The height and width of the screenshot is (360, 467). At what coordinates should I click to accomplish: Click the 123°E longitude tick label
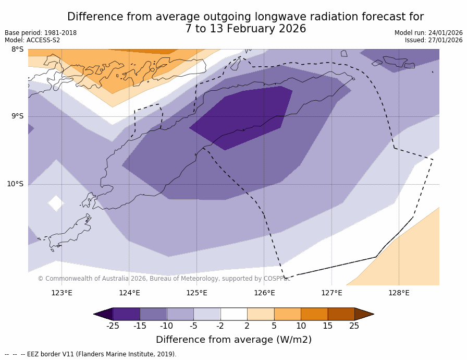click(x=62, y=293)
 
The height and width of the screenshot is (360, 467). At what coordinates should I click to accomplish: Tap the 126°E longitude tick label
click(x=264, y=293)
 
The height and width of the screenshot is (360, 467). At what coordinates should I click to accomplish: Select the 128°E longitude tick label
click(x=399, y=293)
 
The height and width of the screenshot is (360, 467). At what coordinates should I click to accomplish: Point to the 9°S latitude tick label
click(x=17, y=116)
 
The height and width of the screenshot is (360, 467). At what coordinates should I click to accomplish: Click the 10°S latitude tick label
click(x=15, y=184)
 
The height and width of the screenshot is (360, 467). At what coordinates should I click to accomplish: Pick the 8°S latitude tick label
click(x=17, y=50)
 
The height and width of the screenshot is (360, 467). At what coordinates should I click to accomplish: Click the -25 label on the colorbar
click(x=113, y=326)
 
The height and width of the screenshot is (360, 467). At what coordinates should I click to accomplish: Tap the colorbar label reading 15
click(x=327, y=326)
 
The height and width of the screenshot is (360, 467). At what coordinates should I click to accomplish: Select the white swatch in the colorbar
click(x=233, y=314)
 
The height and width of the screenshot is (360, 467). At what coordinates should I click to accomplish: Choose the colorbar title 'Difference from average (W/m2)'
click(x=233, y=340)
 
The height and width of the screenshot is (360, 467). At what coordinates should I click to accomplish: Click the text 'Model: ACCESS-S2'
click(x=32, y=40)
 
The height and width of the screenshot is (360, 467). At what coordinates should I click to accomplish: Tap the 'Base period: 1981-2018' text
click(x=41, y=33)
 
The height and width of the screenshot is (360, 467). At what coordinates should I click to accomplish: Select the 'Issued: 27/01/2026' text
click(x=434, y=40)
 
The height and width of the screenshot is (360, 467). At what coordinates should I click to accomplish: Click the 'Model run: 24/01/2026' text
click(x=428, y=33)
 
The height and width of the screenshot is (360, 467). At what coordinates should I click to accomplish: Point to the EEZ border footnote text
click(x=91, y=354)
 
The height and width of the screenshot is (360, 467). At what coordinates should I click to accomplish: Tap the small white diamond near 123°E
click(x=56, y=203)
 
